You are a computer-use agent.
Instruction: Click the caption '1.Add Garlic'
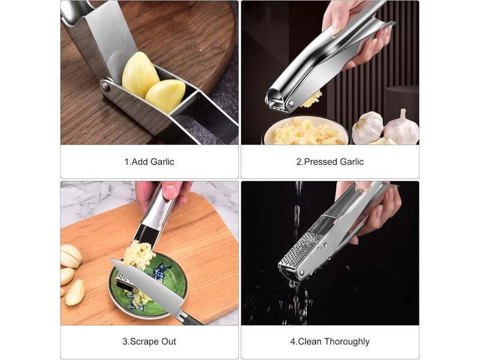[149, 161]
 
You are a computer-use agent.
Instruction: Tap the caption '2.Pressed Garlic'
[329, 161]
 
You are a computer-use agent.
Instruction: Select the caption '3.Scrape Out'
[149, 341]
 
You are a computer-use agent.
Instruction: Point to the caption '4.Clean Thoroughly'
[329, 341]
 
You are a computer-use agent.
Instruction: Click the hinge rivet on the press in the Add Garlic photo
[106, 87]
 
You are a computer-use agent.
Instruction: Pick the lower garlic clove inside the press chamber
[166, 95]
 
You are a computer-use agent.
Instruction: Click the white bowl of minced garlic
[305, 131]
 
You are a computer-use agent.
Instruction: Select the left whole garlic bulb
[367, 127]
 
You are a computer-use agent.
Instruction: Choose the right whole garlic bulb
[401, 128]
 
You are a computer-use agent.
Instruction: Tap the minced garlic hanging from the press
[311, 99]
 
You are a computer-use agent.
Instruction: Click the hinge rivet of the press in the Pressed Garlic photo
[291, 104]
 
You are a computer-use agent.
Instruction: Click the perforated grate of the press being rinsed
[298, 249]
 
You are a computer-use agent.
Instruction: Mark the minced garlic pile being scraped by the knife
[139, 255]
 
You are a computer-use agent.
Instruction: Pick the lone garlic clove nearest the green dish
[75, 292]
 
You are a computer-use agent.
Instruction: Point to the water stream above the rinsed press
[297, 211]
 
